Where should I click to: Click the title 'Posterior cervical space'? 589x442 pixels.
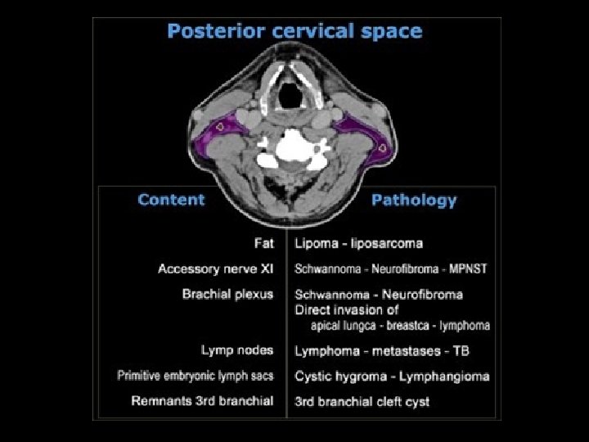[x=294, y=32]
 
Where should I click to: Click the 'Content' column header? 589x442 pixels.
[x=171, y=200]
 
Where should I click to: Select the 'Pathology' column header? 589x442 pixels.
[x=414, y=201]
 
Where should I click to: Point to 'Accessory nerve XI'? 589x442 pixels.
[x=215, y=268]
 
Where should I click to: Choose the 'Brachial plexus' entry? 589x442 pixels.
[x=227, y=294]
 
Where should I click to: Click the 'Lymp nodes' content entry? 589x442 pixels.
[x=237, y=350]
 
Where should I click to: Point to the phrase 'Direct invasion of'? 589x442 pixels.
[x=347, y=309]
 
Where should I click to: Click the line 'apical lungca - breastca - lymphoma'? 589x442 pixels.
[x=400, y=325]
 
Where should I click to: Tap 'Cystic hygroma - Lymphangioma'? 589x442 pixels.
[x=392, y=376]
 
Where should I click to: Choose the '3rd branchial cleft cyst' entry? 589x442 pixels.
[x=362, y=401]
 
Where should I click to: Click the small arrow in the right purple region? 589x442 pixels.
[x=384, y=147]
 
